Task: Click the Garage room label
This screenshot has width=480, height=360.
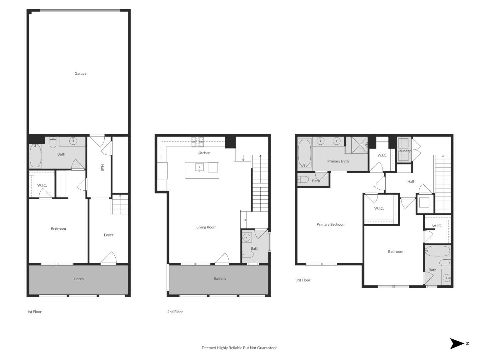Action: [x=80, y=73]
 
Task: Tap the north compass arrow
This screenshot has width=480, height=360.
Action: [x=457, y=343]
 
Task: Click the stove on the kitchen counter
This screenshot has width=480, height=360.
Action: [x=197, y=142]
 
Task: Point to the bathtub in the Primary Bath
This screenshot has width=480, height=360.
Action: [x=304, y=153]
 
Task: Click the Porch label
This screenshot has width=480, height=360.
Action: [x=79, y=279]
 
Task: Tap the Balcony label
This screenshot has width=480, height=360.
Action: [x=220, y=279]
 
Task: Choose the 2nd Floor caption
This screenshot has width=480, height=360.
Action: [x=175, y=312]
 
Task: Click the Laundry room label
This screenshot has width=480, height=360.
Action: [x=404, y=151]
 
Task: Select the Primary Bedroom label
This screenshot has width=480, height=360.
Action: [x=331, y=224]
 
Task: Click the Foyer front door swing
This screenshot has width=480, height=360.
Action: [x=109, y=258]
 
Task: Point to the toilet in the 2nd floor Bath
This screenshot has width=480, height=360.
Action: [x=248, y=255]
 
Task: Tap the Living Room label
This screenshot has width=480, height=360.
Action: [x=206, y=227]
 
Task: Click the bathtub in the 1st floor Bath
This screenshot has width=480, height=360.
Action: [x=35, y=156]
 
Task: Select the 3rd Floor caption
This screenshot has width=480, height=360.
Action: [x=303, y=280]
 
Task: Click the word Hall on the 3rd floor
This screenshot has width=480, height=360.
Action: [x=411, y=182]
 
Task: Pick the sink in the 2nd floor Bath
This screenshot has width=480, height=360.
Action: [x=246, y=238]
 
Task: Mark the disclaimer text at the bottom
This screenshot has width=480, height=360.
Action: [x=240, y=348]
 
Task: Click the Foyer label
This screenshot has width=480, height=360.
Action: [x=109, y=235]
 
